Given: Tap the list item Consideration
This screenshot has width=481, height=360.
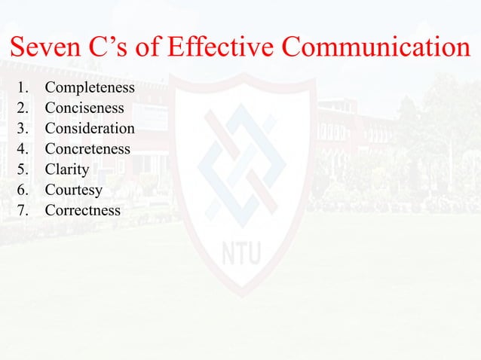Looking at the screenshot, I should point(90,129).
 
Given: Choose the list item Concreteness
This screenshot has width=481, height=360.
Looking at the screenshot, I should point(87,149).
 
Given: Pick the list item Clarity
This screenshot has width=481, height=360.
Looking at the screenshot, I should point(66,169).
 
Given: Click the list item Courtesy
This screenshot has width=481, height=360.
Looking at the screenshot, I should point(73,190).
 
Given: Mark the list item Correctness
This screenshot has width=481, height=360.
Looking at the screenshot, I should point(82,210).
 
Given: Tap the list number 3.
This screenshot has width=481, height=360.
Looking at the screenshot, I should point(22,129).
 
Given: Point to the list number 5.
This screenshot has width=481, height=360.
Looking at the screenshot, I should point(22,169).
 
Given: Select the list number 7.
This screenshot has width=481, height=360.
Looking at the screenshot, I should point(22,210).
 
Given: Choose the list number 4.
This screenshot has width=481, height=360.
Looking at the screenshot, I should point(22,149).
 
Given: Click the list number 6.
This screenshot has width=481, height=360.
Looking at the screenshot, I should point(22,190).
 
